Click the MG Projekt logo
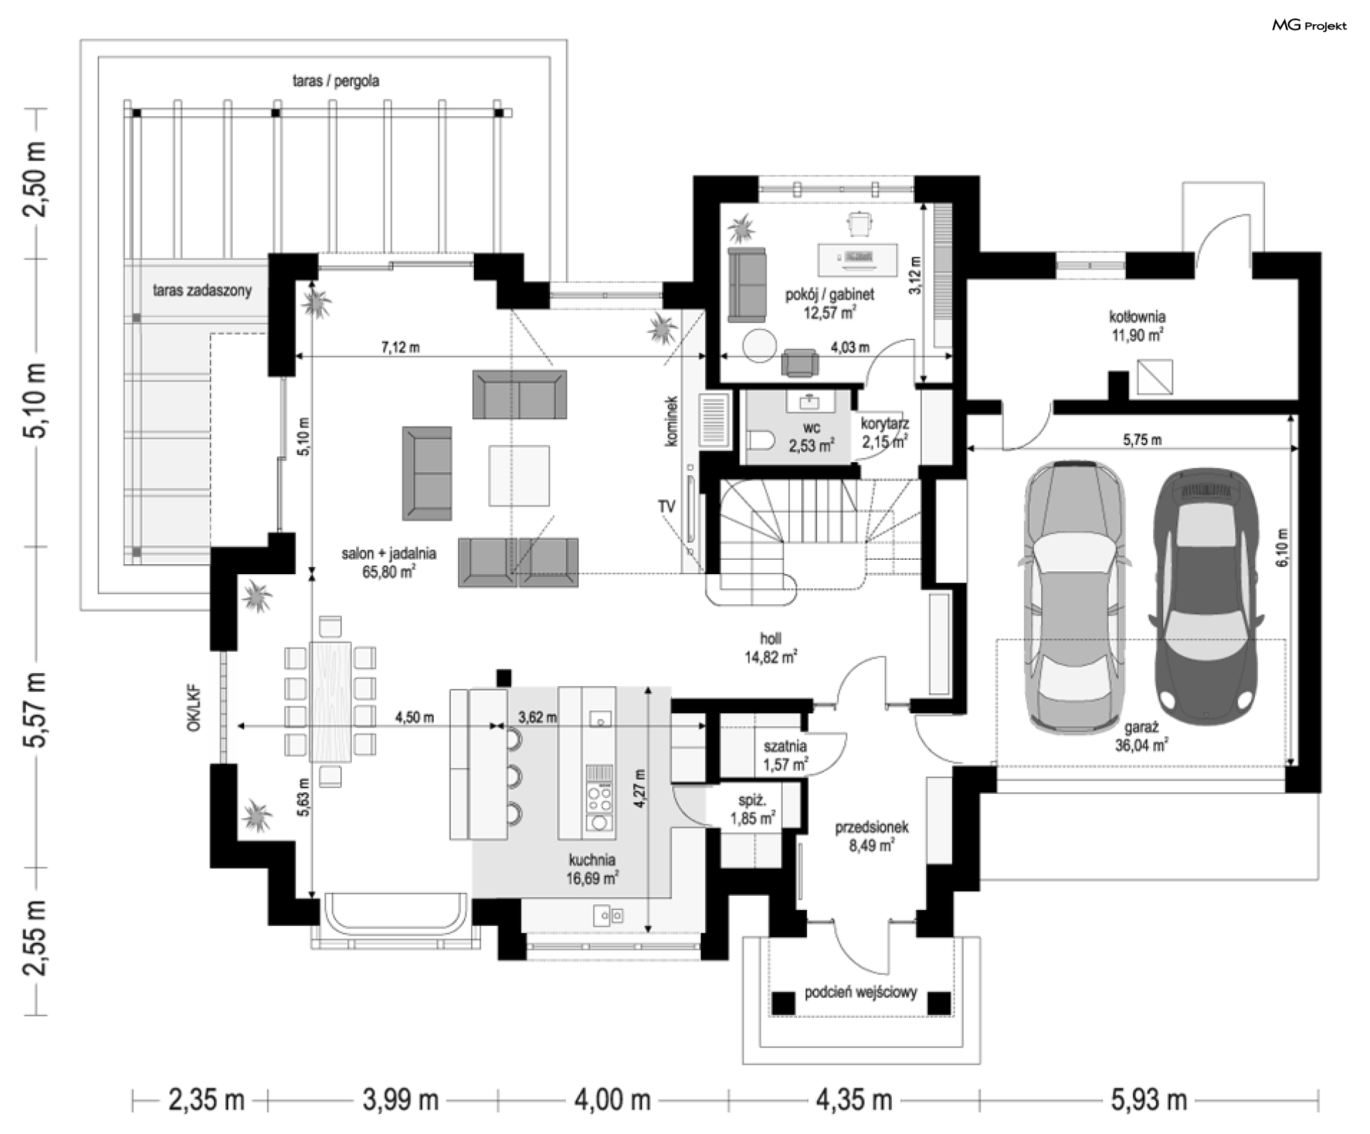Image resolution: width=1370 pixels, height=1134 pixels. click(1309, 26)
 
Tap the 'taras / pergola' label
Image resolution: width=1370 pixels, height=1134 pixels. click(335, 81)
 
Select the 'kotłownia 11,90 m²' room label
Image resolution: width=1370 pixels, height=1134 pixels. click(1137, 325)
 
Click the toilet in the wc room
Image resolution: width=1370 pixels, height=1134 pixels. click(761, 441)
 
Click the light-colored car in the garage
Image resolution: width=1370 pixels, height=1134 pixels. click(1075, 596)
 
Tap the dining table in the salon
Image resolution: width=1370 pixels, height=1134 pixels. click(330, 702)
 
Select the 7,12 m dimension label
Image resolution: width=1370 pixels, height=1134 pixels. click(400, 347)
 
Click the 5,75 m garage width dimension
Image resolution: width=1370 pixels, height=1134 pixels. click(1142, 440)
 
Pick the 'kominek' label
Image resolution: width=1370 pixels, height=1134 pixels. click(671, 422)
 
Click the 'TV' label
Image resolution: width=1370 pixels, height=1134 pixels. click(666, 506)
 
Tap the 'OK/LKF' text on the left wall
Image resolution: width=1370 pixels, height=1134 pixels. click(193, 709)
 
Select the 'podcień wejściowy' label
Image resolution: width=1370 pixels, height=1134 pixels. click(861, 992)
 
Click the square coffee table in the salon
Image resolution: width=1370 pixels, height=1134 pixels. click(519, 476)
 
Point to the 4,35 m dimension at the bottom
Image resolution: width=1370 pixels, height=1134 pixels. click(853, 1100)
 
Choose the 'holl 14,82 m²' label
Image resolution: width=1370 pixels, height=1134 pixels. click(771, 648)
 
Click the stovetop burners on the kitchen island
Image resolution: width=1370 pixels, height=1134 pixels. click(599, 798)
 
